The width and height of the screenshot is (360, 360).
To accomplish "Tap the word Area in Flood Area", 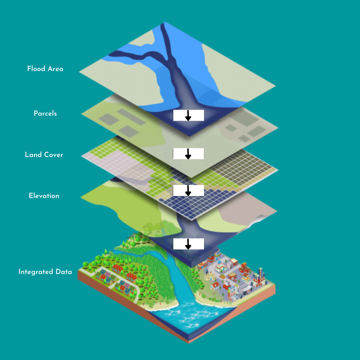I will point(55,69).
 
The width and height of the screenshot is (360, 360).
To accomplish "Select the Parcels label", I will point(45,114).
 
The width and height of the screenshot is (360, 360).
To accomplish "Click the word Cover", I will point(54,155).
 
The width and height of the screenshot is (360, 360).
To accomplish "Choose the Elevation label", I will point(44,196).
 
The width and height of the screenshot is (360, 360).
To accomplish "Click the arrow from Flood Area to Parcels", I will point(188,115).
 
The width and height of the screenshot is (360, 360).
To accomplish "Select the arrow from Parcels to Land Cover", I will point(188,154).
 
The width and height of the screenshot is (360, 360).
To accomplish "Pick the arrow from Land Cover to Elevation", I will point(188,190).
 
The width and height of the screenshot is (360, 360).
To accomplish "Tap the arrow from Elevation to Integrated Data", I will point(188,244).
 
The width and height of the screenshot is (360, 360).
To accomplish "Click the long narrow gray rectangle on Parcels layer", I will point(131,117).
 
